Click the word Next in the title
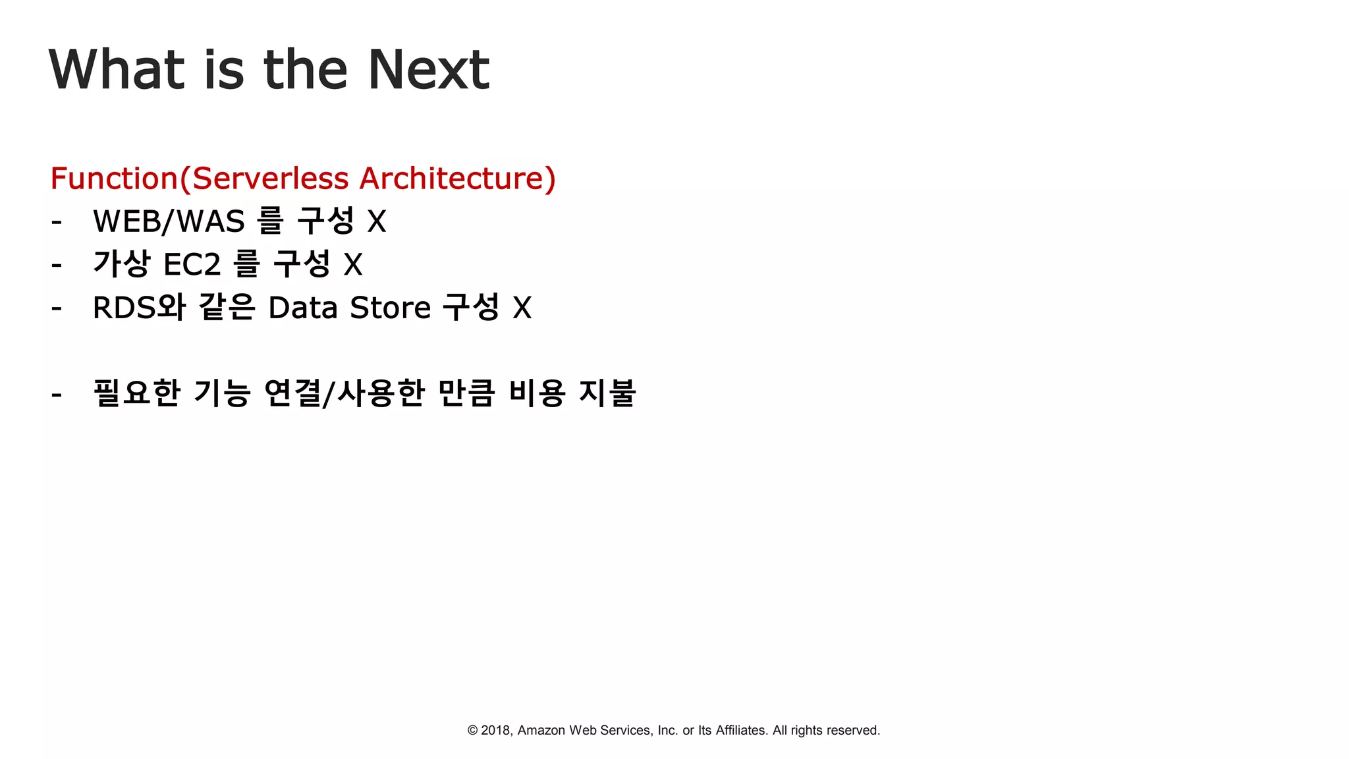(428, 69)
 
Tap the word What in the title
(116, 69)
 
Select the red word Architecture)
(457, 179)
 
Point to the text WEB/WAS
(169, 221)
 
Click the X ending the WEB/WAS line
(376, 221)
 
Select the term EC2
(192, 265)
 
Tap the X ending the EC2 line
(353, 265)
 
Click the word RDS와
(139, 308)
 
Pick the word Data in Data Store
(303, 308)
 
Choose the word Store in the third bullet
(390, 308)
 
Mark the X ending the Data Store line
(522, 308)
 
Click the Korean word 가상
(121, 264)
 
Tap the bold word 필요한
(136, 393)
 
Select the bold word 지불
(607, 393)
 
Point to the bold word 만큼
(466, 393)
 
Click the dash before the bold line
(57, 395)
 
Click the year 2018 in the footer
(496, 730)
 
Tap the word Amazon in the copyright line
(541, 730)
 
